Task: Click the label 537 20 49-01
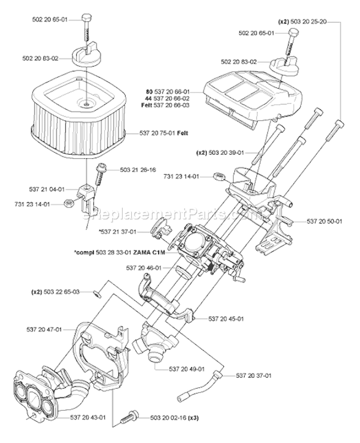pos(187,369)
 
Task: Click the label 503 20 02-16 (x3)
pos(168,418)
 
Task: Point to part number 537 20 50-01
pos(325,221)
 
